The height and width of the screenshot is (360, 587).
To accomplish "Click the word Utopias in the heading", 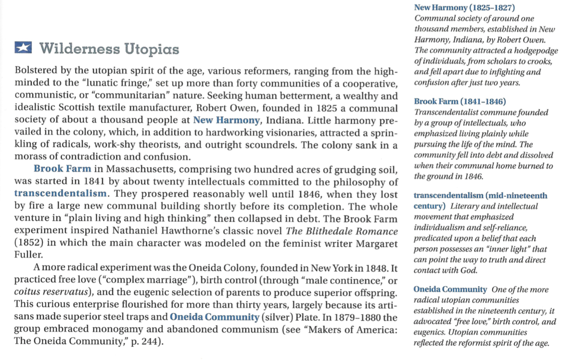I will click(x=151, y=49).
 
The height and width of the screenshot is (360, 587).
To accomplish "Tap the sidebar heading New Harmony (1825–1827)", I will click(x=465, y=7).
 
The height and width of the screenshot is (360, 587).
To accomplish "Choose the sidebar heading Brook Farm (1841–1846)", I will click(x=460, y=101).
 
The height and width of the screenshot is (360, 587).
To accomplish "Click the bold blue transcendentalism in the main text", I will click(x=60, y=193).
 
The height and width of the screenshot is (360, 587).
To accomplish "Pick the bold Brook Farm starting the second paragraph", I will click(x=62, y=169).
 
